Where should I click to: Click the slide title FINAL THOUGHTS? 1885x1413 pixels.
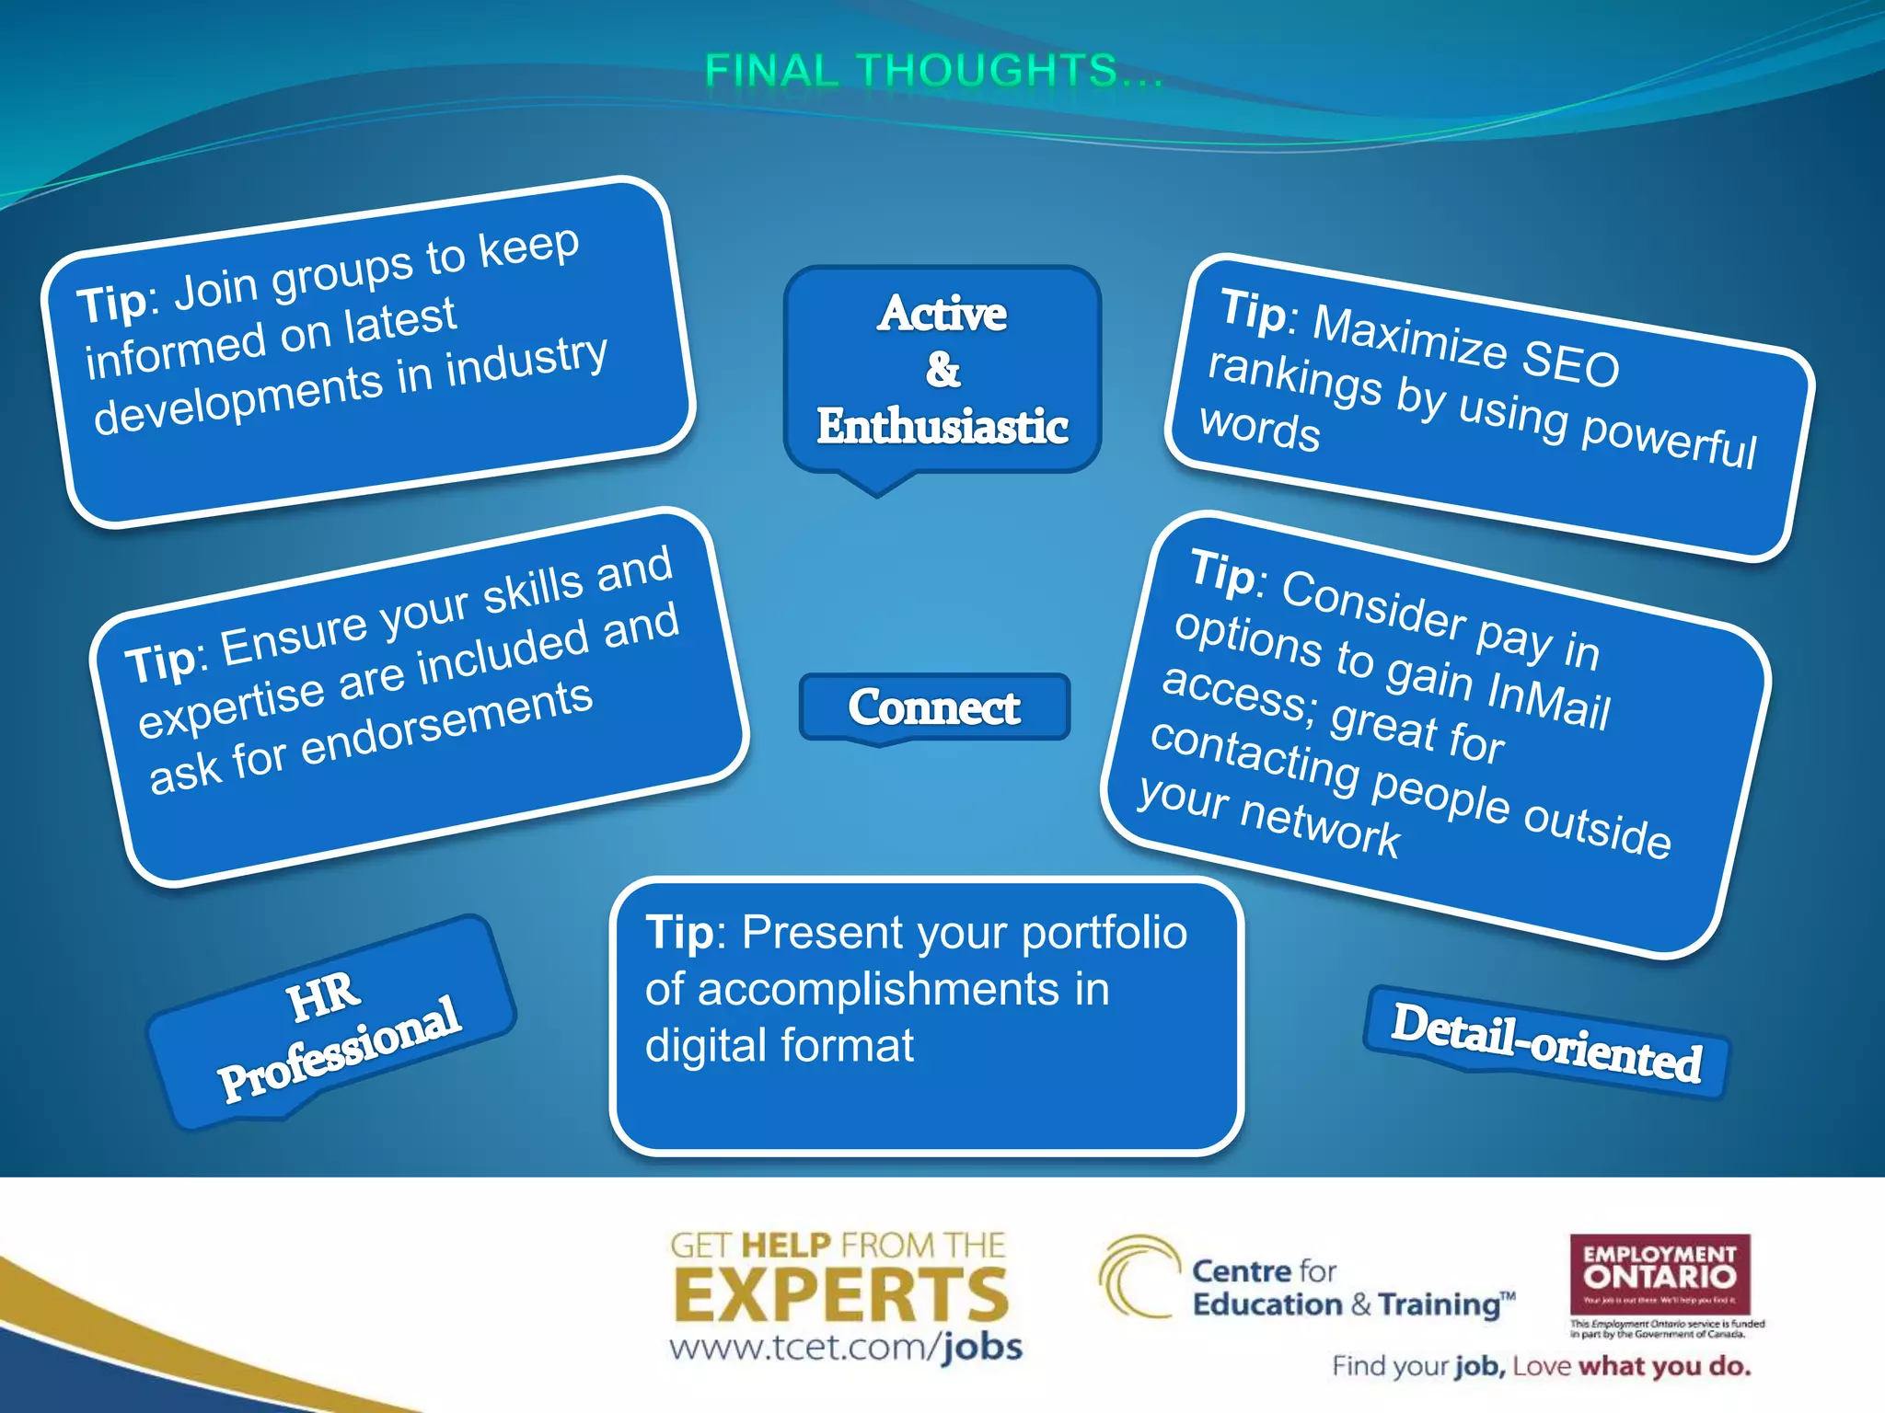click(934, 71)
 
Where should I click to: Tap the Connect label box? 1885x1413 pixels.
click(933, 706)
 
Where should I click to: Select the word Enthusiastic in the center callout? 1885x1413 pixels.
click(942, 426)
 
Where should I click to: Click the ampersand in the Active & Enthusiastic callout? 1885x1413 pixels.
click(942, 370)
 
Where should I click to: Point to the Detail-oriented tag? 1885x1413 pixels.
click(1546, 1043)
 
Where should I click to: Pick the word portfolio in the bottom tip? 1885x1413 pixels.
click(1104, 933)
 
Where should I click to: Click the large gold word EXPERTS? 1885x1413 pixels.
click(841, 1295)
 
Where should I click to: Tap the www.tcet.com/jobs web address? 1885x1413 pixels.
click(845, 1348)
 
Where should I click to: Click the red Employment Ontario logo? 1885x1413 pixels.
click(1659, 1273)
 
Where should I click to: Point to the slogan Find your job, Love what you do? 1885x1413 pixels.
click(1541, 1366)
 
